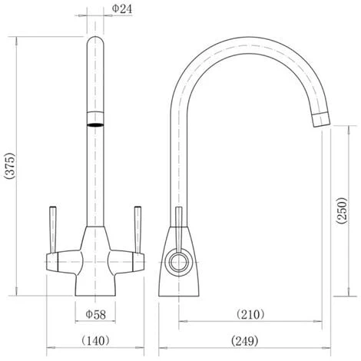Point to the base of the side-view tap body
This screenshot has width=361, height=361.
pos(181,290)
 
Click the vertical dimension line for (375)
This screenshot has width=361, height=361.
pos(18,165)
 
